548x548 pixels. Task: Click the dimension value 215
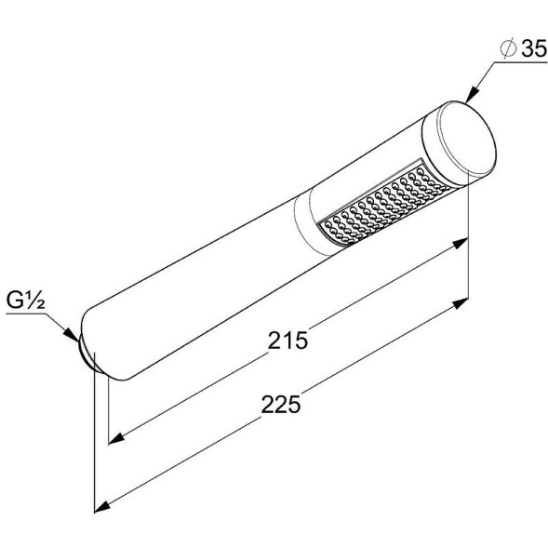[x=287, y=340]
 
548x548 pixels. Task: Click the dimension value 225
[x=281, y=405]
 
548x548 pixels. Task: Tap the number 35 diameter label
[x=534, y=48]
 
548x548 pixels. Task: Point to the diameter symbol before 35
[x=508, y=48]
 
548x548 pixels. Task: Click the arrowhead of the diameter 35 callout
[x=472, y=94]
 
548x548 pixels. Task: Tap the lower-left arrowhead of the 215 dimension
[x=116, y=438]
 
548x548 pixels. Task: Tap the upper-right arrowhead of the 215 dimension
[x=460, y=243]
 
